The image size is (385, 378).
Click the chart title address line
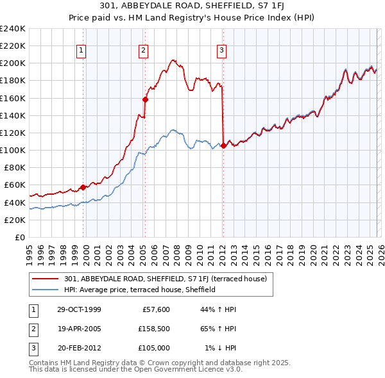click(x=193, y=6)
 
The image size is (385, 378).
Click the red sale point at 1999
click(x=83, y=187)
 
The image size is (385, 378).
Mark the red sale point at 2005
click(x=145, y=99)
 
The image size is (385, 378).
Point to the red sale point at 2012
click(x=223, y=145)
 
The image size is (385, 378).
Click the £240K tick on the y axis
click(x=13, y=29)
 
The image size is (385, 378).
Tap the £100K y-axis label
click(x=13, y=150)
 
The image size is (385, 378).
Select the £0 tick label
click(x=19, y=237)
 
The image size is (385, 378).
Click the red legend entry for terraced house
click(x=169, y=279)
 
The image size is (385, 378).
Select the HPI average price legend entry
click(x=149, y=290)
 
